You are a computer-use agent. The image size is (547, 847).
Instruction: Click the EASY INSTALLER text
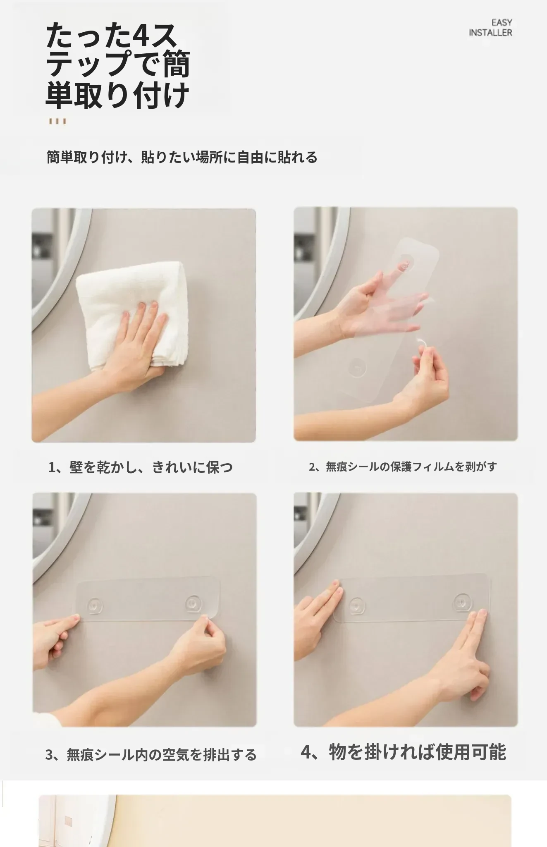point(490,28)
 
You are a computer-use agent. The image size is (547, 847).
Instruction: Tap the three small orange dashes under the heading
point(57,121)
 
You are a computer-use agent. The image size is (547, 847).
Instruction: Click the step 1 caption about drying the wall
point(141,467)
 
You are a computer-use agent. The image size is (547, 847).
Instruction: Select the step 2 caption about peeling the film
point(403,467)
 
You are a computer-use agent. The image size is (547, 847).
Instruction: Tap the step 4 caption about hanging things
point(403,752)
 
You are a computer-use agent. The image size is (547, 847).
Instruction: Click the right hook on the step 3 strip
point(193,603)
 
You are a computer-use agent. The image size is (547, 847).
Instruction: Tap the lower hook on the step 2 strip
point(357,368)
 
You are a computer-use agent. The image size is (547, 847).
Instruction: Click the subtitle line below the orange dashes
point(182,157)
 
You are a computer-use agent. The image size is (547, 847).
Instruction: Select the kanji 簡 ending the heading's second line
point(176,64)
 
